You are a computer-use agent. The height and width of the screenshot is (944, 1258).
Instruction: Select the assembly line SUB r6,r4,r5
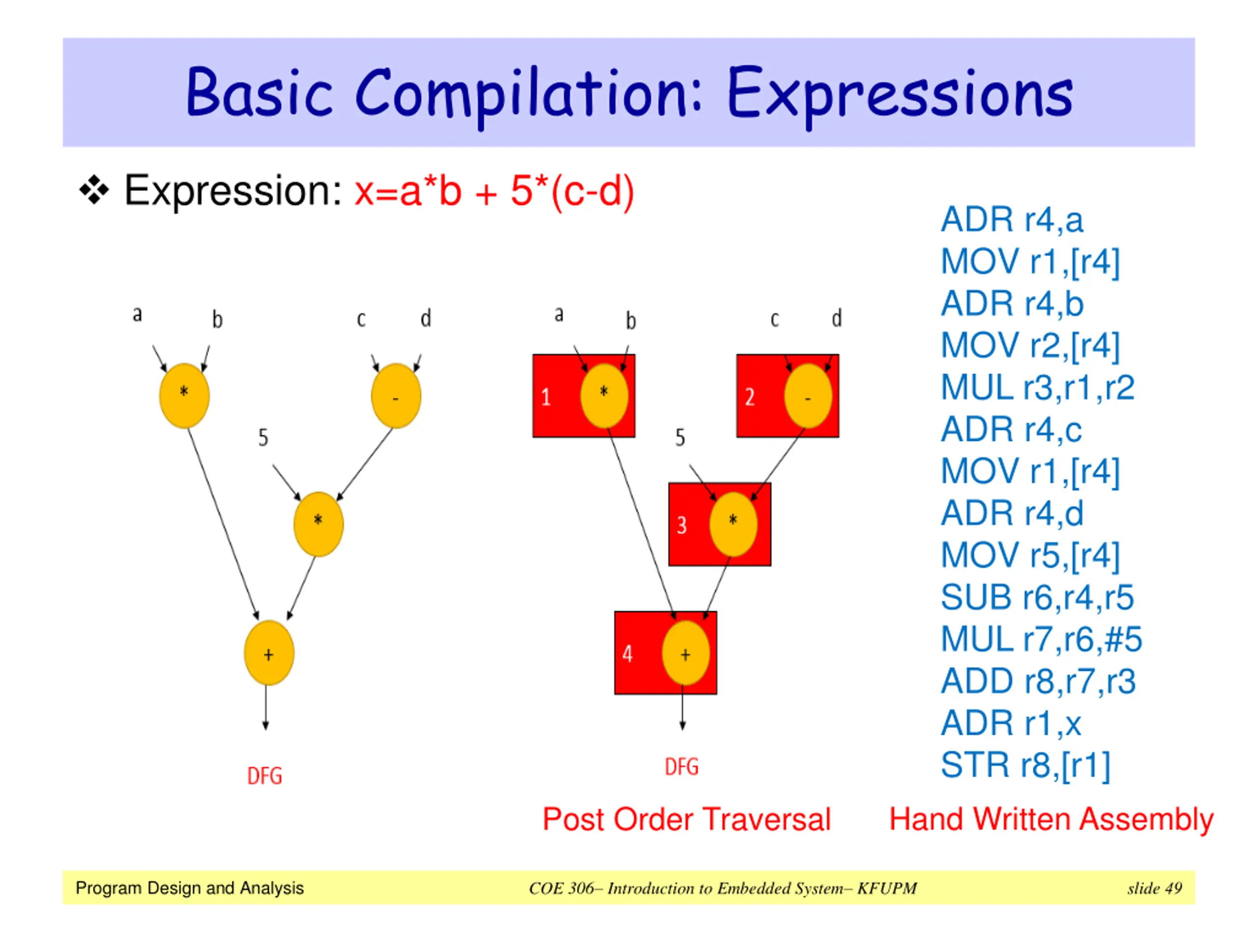[x=1037, y=597]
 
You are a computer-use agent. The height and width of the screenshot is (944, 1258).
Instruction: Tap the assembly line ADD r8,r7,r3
[x=1038, y=681]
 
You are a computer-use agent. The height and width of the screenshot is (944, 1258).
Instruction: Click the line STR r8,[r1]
[x=1026, y=766]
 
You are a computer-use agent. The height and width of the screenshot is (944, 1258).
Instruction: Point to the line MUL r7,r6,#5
[x=1041, y=639]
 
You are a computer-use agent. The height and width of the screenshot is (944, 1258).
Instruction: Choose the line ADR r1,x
[x=1011, y=723]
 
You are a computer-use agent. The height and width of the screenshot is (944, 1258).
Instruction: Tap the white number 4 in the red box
[x=628, y=654]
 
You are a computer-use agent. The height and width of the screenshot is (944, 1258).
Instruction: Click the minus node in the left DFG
[x=396, y=396]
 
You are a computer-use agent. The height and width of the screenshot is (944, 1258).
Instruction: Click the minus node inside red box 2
[x=807, y=396]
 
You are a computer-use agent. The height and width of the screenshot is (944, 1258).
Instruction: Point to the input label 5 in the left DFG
[x=263, y=438]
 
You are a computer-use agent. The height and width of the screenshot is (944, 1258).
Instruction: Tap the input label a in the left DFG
[x=137, y=314]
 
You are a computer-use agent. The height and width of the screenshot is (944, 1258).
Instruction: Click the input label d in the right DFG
[x=836, y=318]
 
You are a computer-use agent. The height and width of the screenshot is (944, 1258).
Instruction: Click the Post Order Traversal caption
[x=686, y=820]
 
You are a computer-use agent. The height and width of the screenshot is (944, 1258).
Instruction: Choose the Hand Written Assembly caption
[x=1051, y=821]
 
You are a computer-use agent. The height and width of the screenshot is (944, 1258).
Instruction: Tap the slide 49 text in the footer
[x=1154, y=888]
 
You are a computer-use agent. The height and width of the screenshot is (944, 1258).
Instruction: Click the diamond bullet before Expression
[x=94, y=190]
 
